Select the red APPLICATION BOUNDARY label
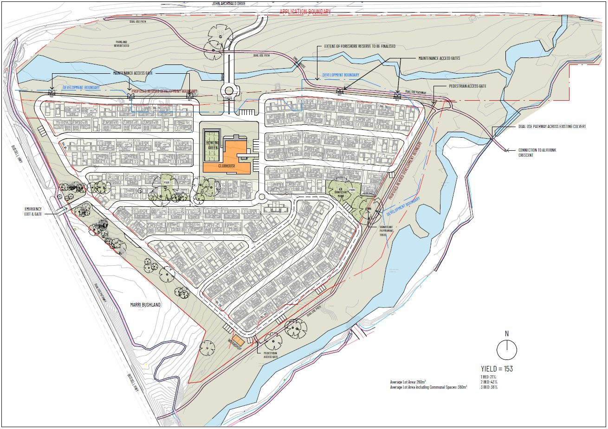tap(305, 12)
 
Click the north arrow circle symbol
tap(506, 350)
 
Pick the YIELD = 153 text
tap(497, 369)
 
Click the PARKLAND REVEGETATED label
tap(122, 44)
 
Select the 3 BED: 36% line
tap(489, 387)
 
